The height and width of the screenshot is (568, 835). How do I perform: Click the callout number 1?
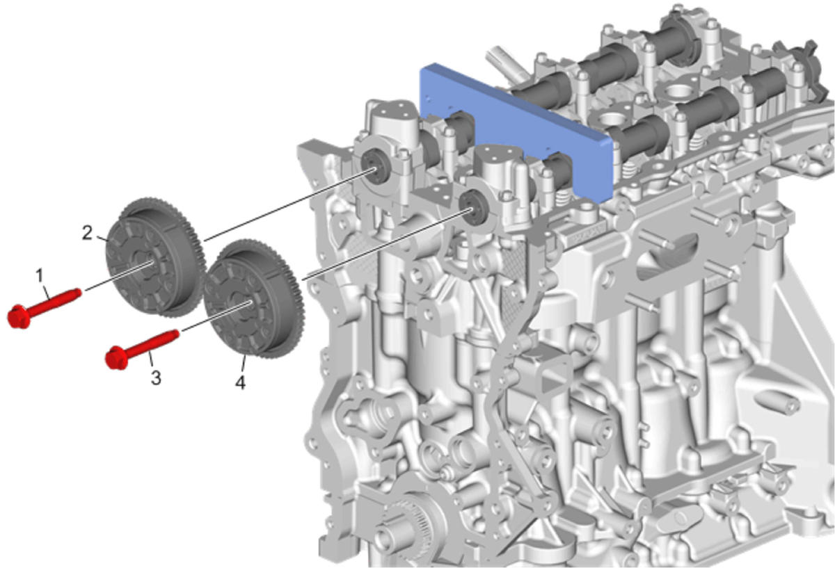point(40,276)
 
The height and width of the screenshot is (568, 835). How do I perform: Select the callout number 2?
point(87,233)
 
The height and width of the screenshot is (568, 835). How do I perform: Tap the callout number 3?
point(156,378)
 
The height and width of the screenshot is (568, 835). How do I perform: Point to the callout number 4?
point(241,382)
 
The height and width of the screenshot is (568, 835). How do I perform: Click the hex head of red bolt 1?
point(19,316)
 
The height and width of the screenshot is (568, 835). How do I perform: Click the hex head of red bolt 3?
point(116,358)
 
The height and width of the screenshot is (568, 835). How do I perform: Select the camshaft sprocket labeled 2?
point(155,257)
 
